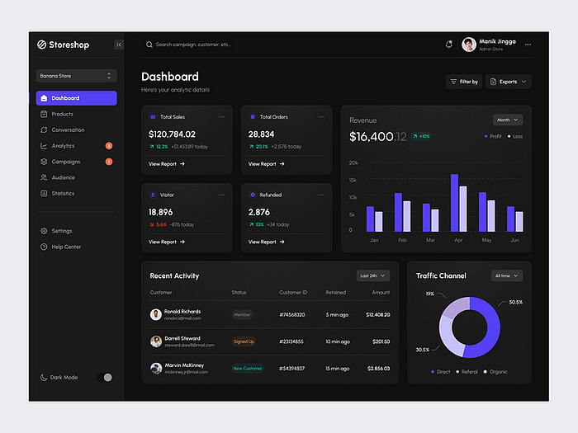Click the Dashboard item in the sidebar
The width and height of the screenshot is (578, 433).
pos(76,98)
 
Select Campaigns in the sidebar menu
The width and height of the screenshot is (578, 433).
pos(66,162)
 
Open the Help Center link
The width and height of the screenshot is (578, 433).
pos(66,247)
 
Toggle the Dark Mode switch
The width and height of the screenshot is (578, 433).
pos(105,377)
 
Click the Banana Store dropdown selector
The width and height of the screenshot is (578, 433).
pos(76,76)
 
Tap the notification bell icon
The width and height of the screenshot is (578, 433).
pos(449,45)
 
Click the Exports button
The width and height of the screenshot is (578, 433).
pos(509,82)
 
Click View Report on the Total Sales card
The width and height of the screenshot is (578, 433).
pos(166,164)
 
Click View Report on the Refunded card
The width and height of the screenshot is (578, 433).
pos(266,242)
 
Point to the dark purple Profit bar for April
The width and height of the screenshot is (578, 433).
pos(454,203)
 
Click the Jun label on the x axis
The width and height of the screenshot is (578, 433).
pos(514,240)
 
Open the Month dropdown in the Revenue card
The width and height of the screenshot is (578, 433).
pos(508,120)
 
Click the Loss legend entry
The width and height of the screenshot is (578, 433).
pos(515,136)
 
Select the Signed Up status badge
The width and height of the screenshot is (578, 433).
pos(244,341)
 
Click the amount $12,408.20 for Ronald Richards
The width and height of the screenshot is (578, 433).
pos(378,314)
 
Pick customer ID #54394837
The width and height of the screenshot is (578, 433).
pos(291,368)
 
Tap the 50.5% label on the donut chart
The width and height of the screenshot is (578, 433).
pos(516,302)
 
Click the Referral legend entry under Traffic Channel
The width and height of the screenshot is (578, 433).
pos(467,372)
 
